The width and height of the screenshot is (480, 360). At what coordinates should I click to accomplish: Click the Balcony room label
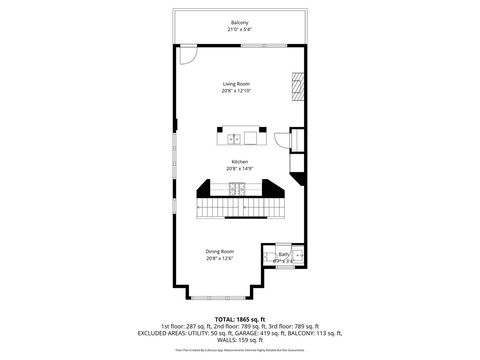[x=240, y=22]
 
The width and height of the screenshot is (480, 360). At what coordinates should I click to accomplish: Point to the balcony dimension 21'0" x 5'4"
[x=240, y=29]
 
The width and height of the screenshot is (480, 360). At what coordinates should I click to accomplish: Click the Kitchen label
[x=240, y=161]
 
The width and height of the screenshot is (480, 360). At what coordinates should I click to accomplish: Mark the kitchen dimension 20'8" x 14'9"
[x=240, y=168]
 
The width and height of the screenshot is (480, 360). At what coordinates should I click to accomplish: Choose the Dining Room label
[x=220, y=251]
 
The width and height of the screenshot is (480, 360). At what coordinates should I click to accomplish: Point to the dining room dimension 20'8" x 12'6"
[x=220, y=258]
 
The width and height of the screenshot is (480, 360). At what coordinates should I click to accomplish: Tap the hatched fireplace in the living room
[x=296, y=87]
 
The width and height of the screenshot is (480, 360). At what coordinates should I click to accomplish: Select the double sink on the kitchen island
[x=234, y=138]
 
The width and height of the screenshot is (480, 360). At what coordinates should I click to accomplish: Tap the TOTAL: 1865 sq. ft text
[x=240, y=317]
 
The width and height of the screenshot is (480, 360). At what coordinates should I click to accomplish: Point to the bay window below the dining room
[x=240, y=297]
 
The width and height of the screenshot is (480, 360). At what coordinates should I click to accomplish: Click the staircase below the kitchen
[x=240, y=207]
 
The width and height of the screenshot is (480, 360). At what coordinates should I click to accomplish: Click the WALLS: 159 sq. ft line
[x=240, y=340]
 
